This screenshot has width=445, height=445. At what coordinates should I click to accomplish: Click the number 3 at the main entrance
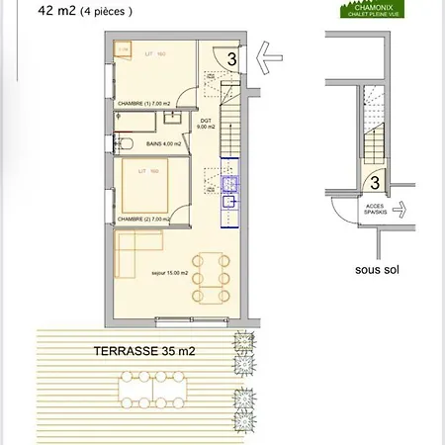pyautogui.click(x=231, y=58)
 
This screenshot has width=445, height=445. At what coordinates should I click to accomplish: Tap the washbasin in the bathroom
pyautogui.click(x=168, y=119)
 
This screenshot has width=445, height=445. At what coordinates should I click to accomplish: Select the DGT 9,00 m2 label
pyautogui.click(x=206, y=125)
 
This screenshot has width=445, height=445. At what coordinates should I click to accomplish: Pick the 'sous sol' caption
pyautogui.click(x=376, y=268)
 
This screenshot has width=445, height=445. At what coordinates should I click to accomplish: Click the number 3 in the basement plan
pyautogui.click(x=376, y=183)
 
